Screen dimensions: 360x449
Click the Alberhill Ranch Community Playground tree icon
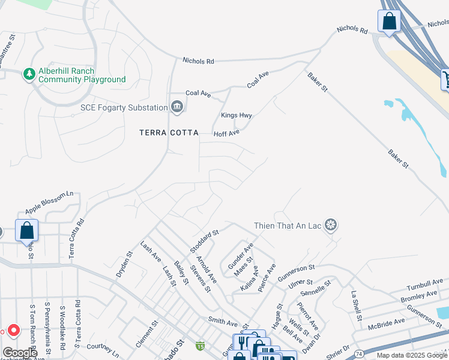[x=28, y=74]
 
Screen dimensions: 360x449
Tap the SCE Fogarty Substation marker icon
[x=176, y=107]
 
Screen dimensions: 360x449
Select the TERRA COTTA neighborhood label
[x=168, y=133]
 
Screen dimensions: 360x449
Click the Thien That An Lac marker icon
[x=330, y=225]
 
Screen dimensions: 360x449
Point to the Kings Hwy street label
[x=237, y=115]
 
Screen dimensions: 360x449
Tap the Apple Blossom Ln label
[x=49, y=203]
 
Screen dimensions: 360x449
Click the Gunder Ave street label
[x=240, y=255]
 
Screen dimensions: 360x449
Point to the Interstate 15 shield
[x=200, y=346]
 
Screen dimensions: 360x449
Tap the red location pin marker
[x=13, y=331]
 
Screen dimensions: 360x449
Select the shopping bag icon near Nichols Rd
[x=389, y=21]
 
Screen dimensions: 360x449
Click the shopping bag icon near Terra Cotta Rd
[x=27, y=230]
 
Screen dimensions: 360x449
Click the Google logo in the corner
[x=19, y=353]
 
